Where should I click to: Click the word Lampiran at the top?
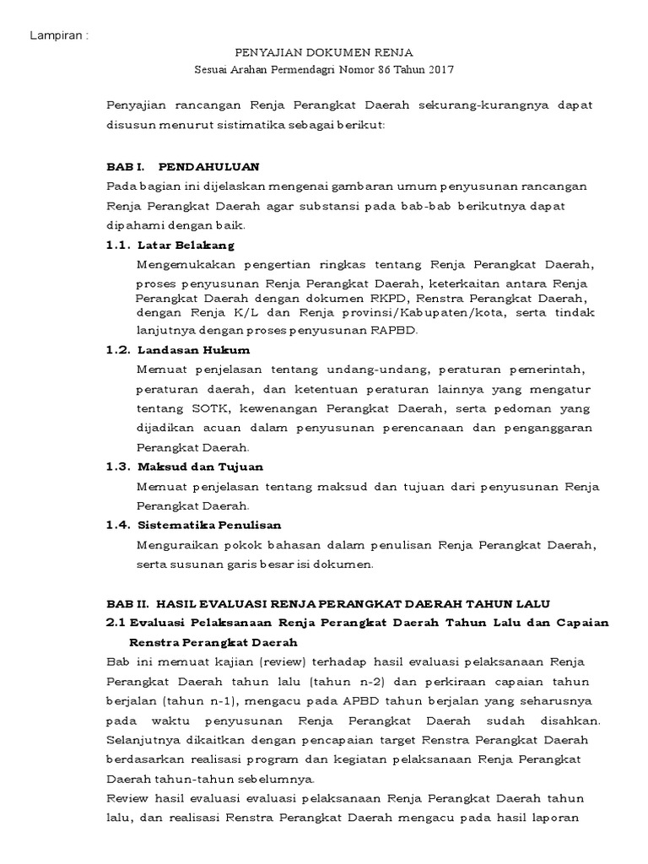pos(57,35)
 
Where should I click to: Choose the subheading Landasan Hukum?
pos(193,349)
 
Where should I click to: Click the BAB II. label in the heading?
pos(127,604)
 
